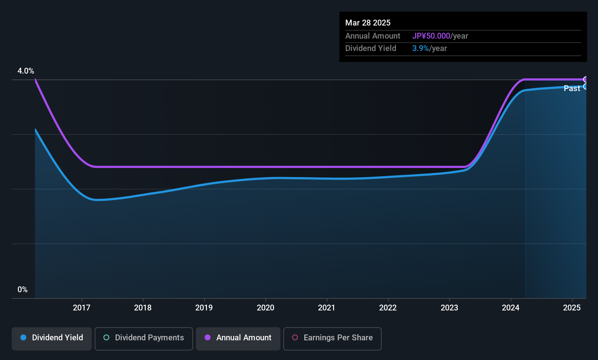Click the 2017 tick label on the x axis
[x=82, y=308]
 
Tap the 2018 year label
[x=143, y=308]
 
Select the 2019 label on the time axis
[x=204, y=308]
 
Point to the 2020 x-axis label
[x=265, y=308]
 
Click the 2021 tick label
[x=327, y=308]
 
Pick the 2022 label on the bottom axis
[x=388, y=308]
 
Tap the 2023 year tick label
[x=449, y=308]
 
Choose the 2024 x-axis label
[x=511, y=308]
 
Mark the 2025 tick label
[x=572, y=308]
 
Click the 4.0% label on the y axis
[x=26, y=71]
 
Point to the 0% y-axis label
[x=23, y=290]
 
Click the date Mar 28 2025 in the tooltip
[x=368, y=23]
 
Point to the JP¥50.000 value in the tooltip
[x=431, y=36]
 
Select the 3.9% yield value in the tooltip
[x=421, y=48]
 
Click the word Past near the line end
[x=572, y=89]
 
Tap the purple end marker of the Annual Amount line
[x=585, y=79]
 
